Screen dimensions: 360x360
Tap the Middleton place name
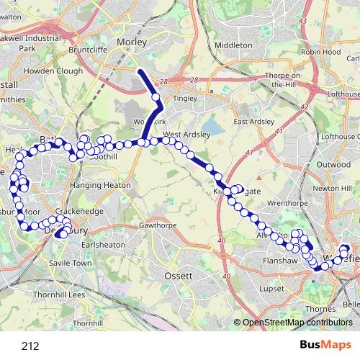tap(233, 44)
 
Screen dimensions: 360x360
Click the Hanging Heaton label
tap(101, 185)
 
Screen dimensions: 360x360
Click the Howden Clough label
tap(54, 72)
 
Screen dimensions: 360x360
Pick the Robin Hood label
tap(320, 52)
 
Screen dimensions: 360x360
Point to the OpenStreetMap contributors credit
tap(297, 322)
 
